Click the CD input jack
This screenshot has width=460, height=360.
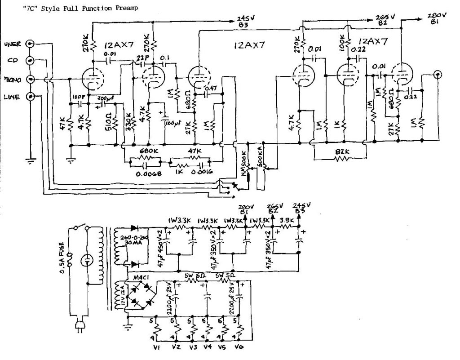point(31,61)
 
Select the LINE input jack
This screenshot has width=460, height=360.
point(31,96)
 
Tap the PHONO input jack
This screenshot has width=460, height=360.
point(31,79)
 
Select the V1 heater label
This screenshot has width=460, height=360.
point(155,347)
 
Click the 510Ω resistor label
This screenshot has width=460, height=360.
point(108,120)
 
